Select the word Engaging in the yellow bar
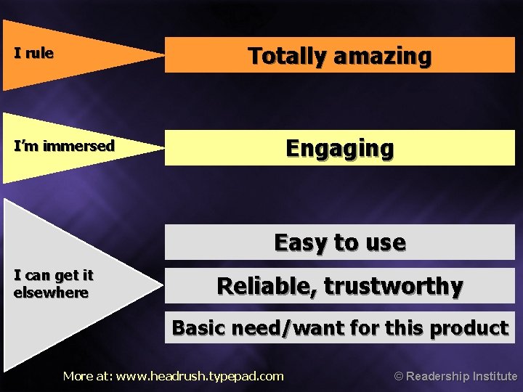340,148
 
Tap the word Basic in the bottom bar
198,328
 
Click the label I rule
33,54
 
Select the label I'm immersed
65,146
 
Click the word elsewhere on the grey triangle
51,293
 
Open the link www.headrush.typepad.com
200,376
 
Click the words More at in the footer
87,376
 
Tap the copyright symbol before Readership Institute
398,376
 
